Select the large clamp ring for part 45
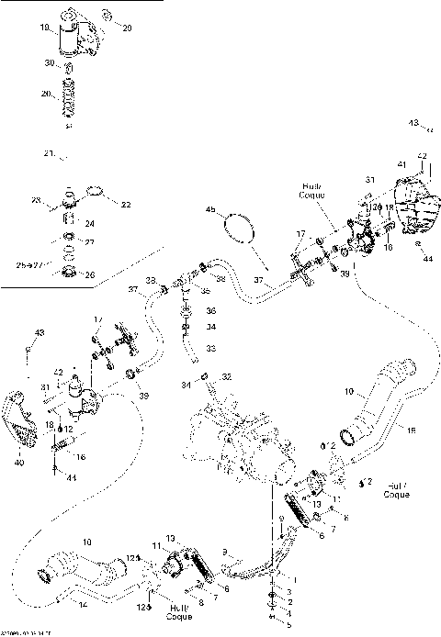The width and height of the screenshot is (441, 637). (x=241, y=227)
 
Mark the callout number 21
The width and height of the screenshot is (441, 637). (x=48, y=152)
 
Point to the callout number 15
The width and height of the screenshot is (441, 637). (x=411, y=430)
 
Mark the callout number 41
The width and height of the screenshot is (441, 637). (x=401, y=163)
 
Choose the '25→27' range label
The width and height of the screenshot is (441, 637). (x=32, y=263)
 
